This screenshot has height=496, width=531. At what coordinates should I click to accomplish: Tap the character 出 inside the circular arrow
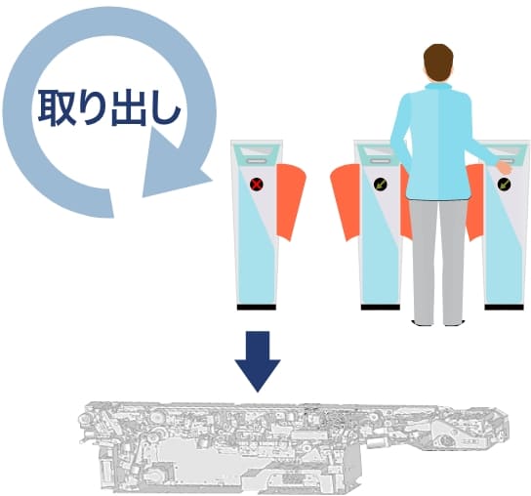click(x=131, y=107)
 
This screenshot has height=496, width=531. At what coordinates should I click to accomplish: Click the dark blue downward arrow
click(x=257, y=358)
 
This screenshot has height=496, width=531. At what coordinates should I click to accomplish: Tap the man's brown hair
click(x=439, y=62)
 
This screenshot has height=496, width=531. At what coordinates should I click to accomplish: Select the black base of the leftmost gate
click(x=256, y=307)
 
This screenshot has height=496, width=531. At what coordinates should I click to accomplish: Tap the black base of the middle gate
click(x=380, y=307)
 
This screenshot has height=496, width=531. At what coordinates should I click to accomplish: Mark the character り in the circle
click(x=95, y=107)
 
